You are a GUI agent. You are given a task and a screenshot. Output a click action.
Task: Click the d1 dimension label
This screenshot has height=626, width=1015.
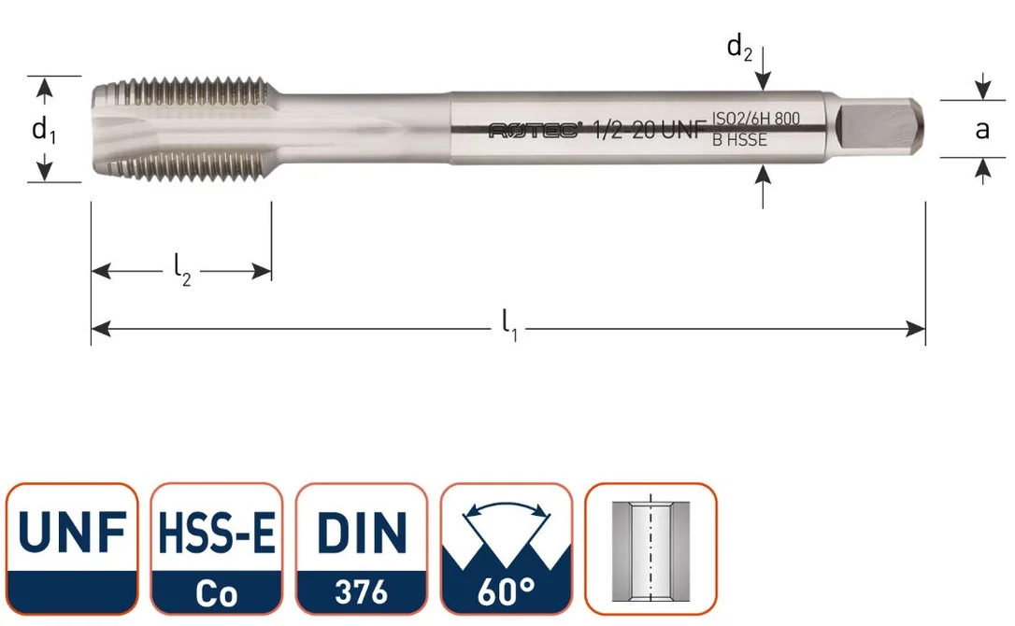click(44, 130)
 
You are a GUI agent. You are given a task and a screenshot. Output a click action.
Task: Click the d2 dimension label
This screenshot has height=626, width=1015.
click(739, 48)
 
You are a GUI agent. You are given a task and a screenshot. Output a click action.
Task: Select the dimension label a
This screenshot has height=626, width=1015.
click(982, 130)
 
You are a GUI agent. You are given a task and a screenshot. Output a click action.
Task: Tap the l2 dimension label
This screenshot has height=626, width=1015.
click(182, 269)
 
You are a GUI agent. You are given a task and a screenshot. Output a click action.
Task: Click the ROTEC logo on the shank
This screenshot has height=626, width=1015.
click(535, 131)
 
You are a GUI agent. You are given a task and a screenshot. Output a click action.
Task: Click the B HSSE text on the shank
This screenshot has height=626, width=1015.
click(739, 140)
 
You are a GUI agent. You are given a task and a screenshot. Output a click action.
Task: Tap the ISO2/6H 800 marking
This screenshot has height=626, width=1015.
click(756, 119)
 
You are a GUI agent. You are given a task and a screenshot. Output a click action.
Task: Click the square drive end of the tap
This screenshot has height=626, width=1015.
click(878, 128)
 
